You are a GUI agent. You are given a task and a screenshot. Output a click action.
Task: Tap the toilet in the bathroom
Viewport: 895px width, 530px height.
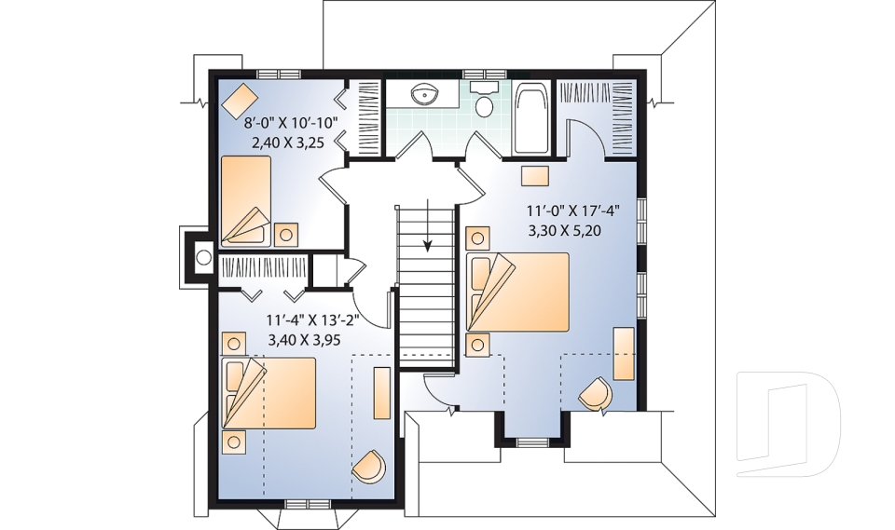coord(484,102)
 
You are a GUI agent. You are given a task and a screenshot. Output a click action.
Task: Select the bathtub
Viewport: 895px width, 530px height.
coord(532,118)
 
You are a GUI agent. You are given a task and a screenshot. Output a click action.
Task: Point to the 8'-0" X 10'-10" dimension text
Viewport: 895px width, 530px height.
coord(290,123)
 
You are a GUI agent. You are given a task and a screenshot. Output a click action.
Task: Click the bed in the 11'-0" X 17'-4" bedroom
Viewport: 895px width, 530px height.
coord(517,291)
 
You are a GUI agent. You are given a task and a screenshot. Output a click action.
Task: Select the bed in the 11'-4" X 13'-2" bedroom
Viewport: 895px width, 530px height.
coord(268,391)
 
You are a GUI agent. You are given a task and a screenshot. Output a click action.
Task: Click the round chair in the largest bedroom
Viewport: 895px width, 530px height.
coord(596,393)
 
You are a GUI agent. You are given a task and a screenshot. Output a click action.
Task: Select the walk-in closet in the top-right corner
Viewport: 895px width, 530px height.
coord(597,116)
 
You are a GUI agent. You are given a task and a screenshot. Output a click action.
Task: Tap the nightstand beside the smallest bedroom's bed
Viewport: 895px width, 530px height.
coord(285,233)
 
